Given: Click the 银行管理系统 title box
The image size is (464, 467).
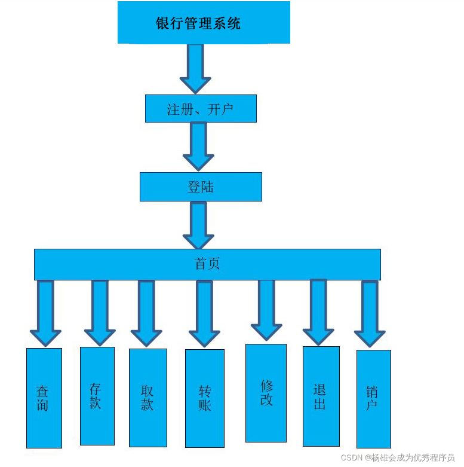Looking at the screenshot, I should point(204,23).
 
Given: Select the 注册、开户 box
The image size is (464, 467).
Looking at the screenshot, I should point(201,109).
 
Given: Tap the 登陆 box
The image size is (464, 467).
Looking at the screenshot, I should point(201,187).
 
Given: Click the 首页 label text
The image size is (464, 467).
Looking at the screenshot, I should point(207,264).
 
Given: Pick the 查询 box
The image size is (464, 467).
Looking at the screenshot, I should point(44,398).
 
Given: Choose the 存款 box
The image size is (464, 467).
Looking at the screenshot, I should point(97,396).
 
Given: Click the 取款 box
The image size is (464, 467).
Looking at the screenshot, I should point(148,398).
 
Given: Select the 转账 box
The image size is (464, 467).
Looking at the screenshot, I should point(204,398).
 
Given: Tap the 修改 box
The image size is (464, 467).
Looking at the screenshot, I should point(266,393).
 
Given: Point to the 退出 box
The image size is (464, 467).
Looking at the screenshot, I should point(321,396).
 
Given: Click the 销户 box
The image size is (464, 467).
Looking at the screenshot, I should point(373,398).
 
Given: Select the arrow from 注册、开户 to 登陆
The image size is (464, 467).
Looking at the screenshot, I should point(198,146).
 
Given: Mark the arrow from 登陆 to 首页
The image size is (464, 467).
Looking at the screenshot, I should point(198,224).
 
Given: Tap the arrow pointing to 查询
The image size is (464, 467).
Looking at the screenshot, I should point(45,313).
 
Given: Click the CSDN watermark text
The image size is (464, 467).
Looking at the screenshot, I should point(398,457).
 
